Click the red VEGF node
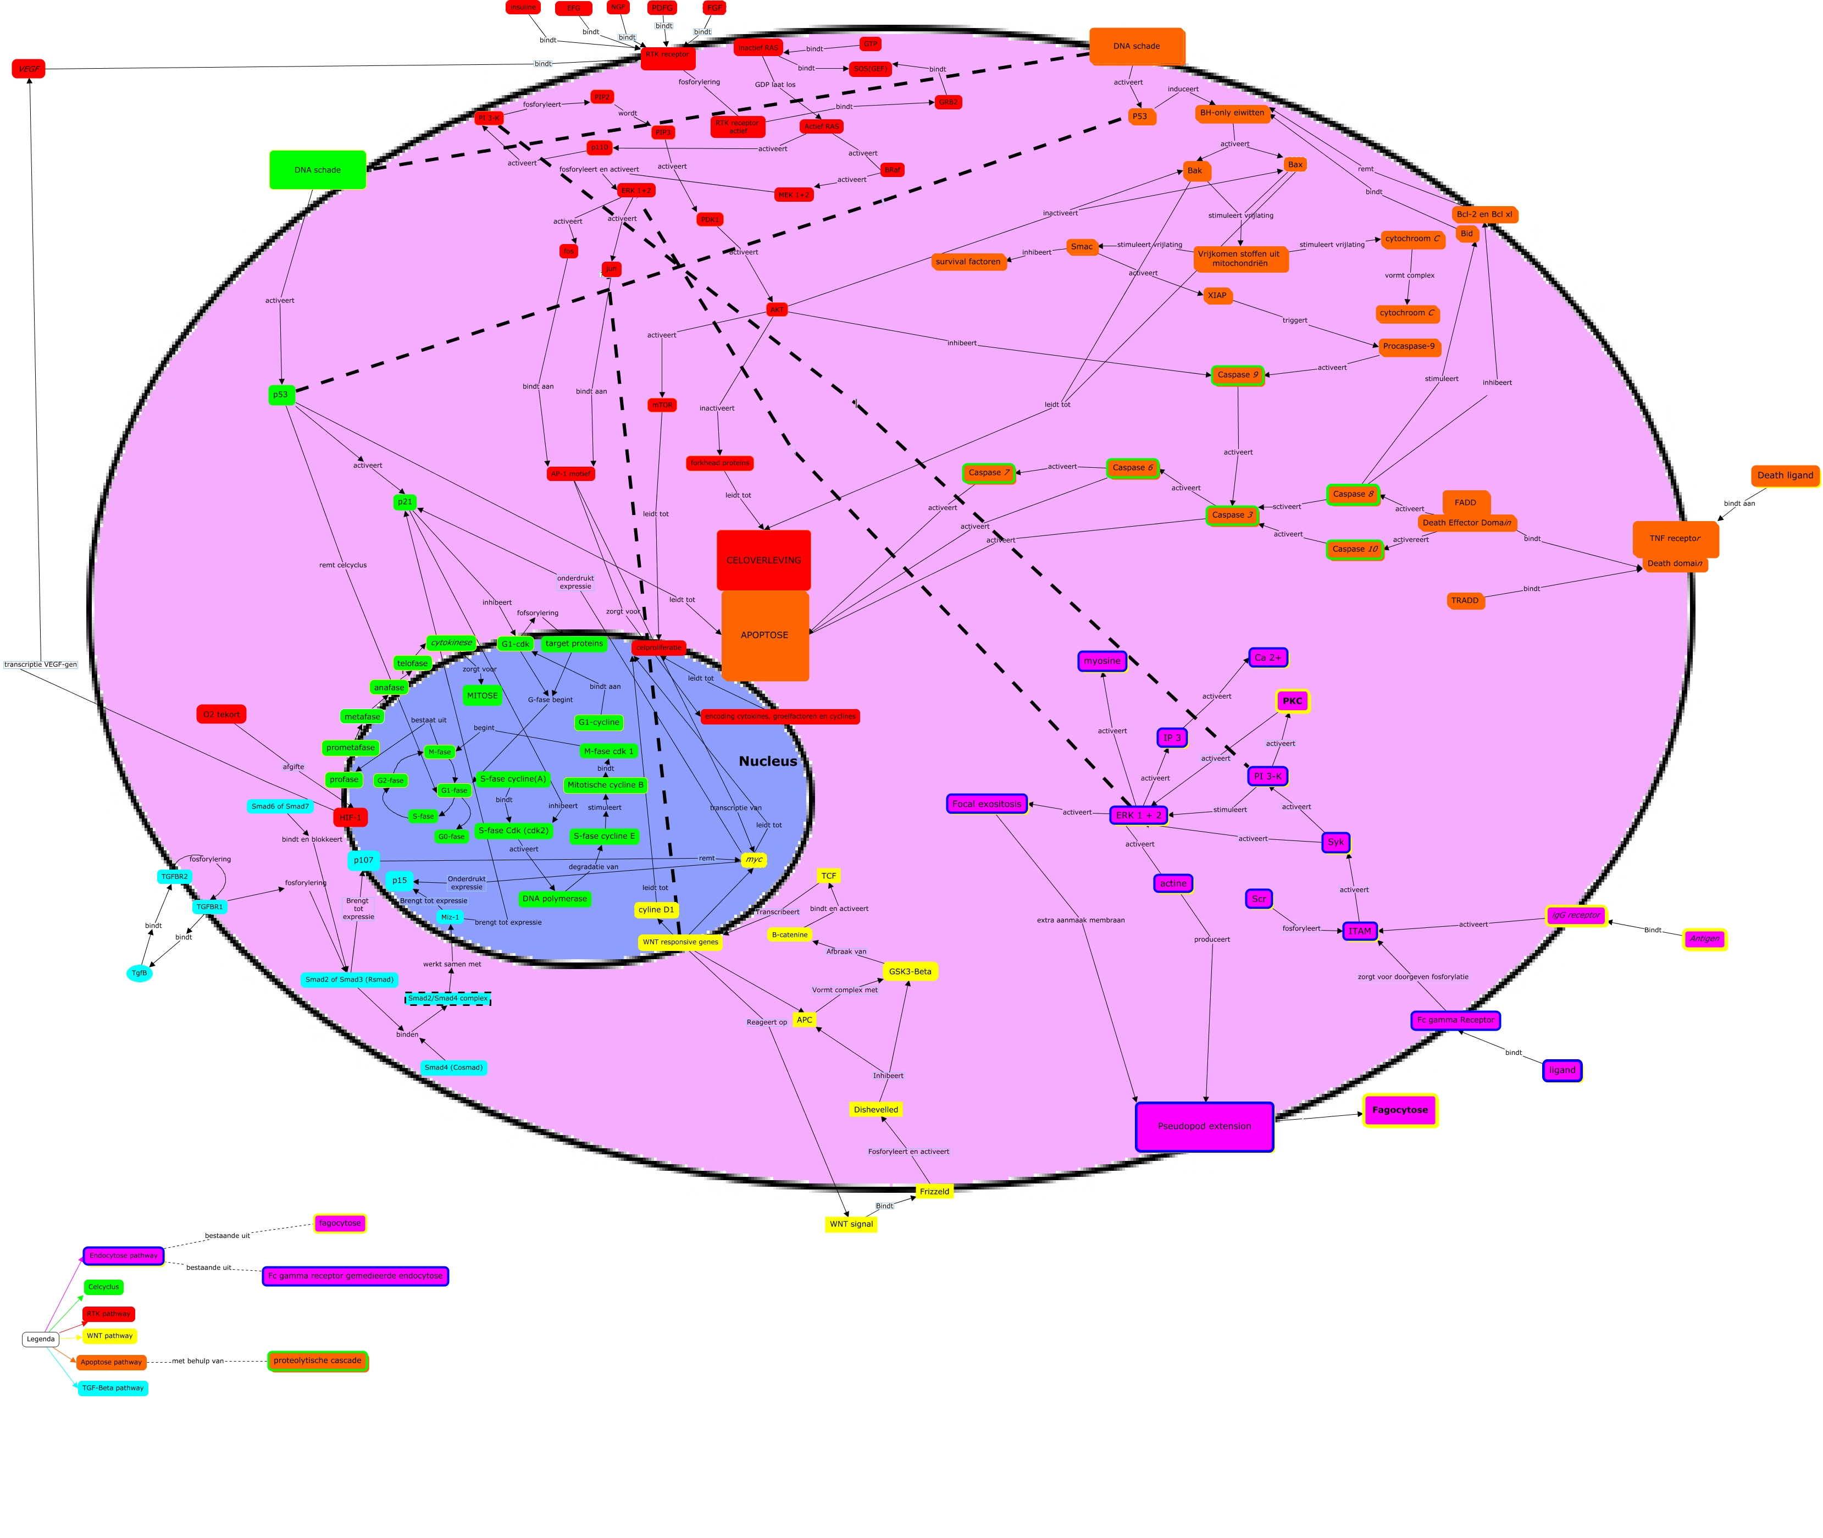point(29,69)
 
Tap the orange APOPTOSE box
point(764,635)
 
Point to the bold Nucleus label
point(767,761)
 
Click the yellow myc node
point(753,860)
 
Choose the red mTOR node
point(663,406)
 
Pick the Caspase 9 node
point(1237,375)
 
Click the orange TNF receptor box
point(1675,539)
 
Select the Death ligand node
point(1785,476)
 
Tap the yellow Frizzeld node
point(934,1192)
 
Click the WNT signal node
point(851,1224)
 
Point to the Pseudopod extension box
point(1204,1126)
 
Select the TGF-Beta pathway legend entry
point(113,1388)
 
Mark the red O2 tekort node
point(221,715)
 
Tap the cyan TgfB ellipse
point(140,973)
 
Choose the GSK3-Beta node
point(910,971)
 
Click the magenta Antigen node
point(1704,939)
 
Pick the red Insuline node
point(523,8)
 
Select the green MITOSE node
point(482,696)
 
